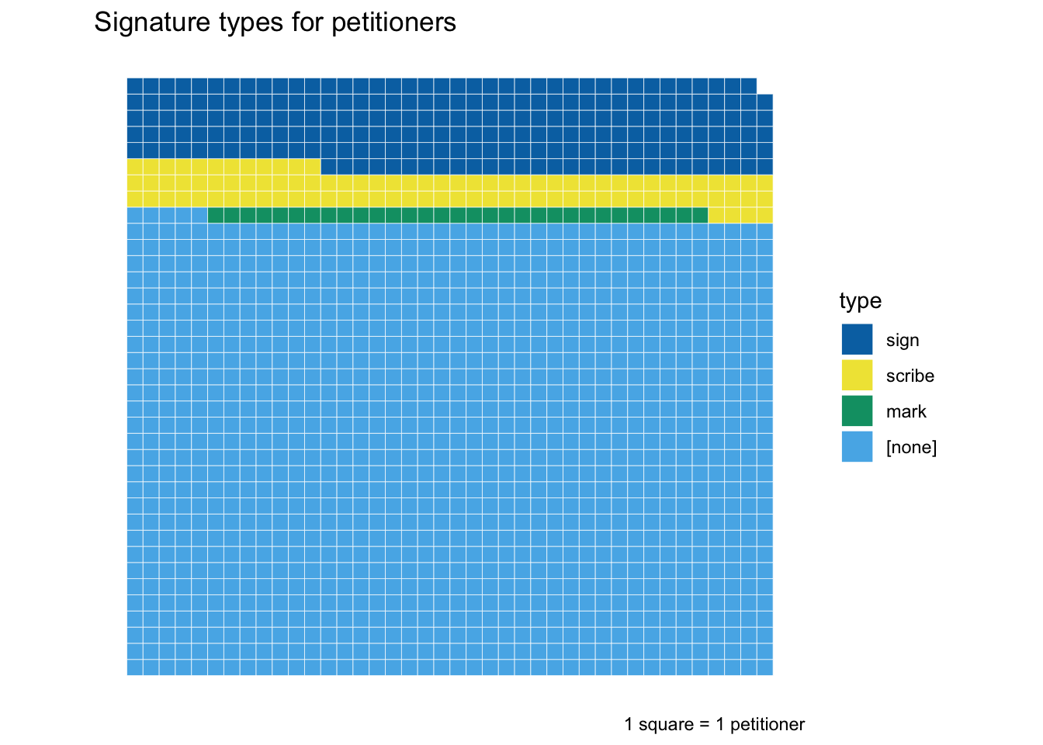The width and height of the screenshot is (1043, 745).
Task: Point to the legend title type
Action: [860, 301]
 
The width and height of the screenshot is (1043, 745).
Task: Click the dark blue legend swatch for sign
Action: [857, 340]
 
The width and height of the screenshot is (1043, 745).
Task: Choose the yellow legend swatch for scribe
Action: [857, 376]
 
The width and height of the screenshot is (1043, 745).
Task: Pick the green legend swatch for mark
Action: [857, 411]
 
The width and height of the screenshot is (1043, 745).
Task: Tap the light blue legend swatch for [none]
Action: [857, 447]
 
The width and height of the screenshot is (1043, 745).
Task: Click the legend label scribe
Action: [910, 376]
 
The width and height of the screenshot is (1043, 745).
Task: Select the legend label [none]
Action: [911, 448]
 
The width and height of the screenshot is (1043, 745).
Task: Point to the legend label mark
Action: [906, 412]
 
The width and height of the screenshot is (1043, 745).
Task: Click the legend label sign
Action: [902, 341]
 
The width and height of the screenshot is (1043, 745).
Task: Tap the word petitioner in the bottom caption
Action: [767, 725]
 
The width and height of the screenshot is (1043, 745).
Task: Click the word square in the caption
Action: [666, 725]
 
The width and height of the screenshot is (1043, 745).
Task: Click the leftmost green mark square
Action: [216, 215]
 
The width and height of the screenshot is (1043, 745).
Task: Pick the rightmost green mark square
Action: [700, 215]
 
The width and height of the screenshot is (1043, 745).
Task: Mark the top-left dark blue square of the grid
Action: [135, 86]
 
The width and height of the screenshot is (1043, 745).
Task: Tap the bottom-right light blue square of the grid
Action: [764, 667]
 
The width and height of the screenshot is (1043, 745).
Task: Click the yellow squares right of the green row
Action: [740, 215]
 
